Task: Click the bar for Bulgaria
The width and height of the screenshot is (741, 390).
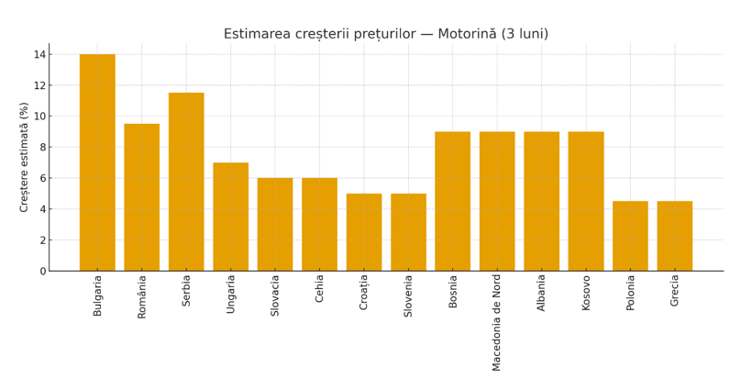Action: [x=97, y=162]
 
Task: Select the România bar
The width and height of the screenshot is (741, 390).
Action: [x=142, y=197]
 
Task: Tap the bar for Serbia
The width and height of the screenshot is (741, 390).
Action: [x=186, y=182]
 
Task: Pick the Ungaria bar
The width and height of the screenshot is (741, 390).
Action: [x=231, y=217]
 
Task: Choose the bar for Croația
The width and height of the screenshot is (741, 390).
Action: [x=364, y=232]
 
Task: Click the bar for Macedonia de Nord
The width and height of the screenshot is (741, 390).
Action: [x=497, y=201]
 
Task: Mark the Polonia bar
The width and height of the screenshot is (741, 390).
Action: [x=630, y=236]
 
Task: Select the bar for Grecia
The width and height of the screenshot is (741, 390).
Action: [x=675, y=236]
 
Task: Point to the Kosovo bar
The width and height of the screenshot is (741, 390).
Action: [x=586, y=201]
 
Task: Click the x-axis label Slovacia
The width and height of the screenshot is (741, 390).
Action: [x=275, y=295]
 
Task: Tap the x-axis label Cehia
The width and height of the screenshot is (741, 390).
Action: [x=320, y=289]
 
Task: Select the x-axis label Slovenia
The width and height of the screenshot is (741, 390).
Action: [x=409, y=296]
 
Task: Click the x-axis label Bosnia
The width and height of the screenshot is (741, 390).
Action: [x=453, y=291]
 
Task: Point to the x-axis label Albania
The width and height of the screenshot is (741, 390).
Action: [x=542, y=293]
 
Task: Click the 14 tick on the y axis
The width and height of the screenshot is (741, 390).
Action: [x=39, y=54]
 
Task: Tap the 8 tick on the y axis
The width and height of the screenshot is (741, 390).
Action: [x=42, y=147]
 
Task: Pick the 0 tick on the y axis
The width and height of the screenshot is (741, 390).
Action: [x=42, y=271]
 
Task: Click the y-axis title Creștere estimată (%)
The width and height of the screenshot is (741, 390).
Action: [x=25, y=157]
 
